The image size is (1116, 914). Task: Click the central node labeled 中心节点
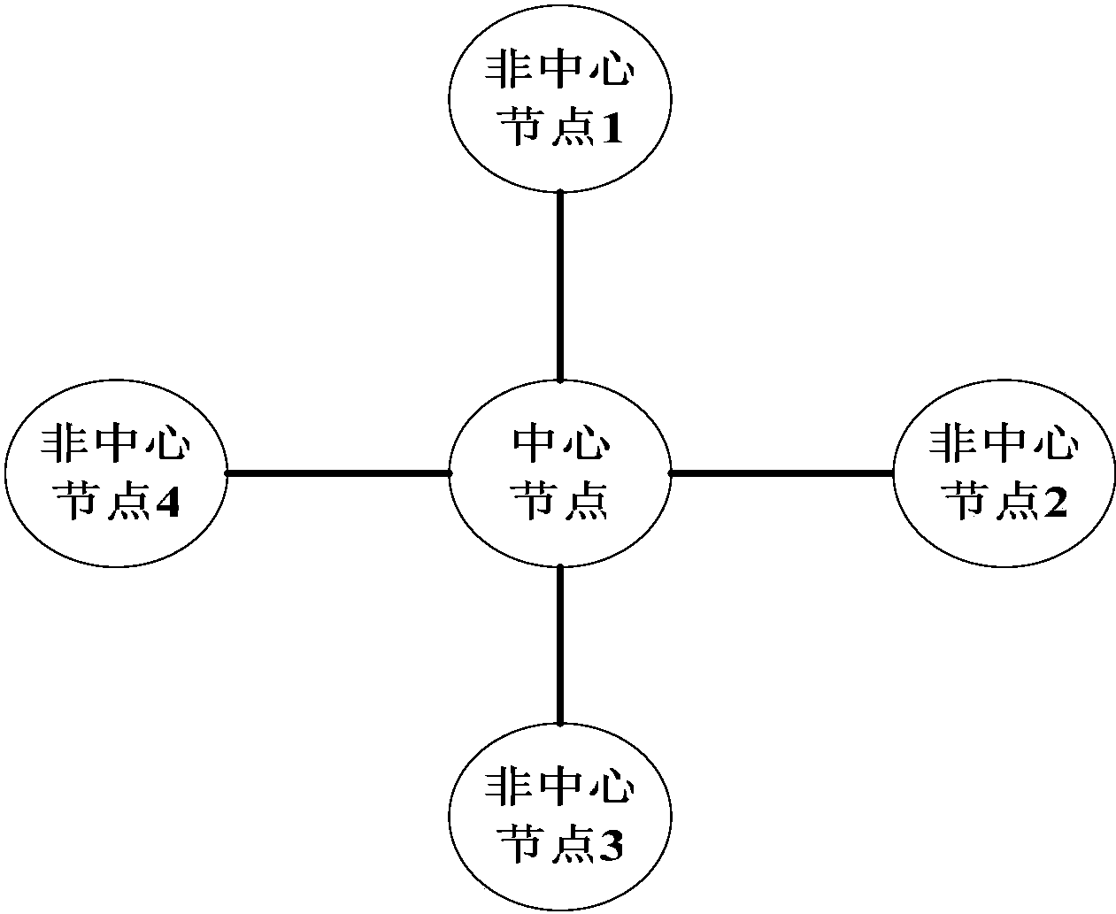pyautogui.click(x=559, y=473)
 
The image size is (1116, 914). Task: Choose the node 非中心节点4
pyautogui.click(x=115, y=473)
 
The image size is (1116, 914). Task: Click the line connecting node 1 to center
pyautogui.click(x=559, y=285)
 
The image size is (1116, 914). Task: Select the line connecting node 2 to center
pyautogui.click(x=781, y=473)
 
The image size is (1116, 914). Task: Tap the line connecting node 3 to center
pyautogui.click(x=559, y=644)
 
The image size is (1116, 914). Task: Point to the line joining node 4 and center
pyautogui.click(x=338, y=473)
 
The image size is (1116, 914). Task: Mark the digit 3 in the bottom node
pyautogui.click(x=612, y=848)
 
